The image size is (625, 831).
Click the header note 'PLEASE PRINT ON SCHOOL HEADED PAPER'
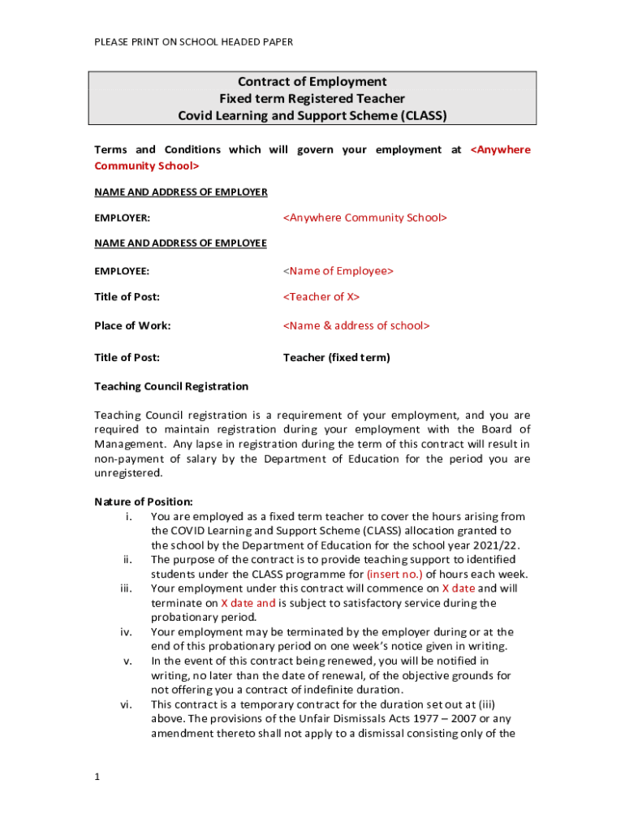point(194,41)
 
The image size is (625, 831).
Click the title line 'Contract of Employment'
point(312,81)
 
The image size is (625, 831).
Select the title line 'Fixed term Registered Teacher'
point(312,98)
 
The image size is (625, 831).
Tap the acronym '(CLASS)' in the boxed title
point(422,115)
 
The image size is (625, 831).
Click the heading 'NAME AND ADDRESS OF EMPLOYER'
point(181,192)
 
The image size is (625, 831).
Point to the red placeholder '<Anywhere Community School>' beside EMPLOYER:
point(365,217)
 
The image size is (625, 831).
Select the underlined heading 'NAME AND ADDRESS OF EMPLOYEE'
point(180,243)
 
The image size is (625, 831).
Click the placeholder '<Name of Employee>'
point(338,270)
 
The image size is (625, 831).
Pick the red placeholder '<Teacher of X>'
point(321,296)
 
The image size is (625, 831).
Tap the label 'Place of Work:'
point(132,325)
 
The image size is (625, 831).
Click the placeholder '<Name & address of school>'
point(356,325)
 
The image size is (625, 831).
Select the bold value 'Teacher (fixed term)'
point(336,357)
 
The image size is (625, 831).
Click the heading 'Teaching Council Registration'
point(171,386)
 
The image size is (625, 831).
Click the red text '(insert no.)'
point(394,574)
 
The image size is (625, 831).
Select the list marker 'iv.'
point(127,631)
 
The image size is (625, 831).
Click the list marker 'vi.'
point(127,704)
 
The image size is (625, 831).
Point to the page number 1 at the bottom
point(97,777)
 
